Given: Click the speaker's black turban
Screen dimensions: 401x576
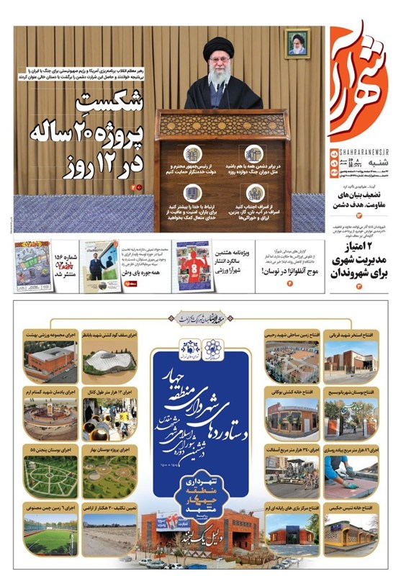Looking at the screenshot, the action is coord(217,48).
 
